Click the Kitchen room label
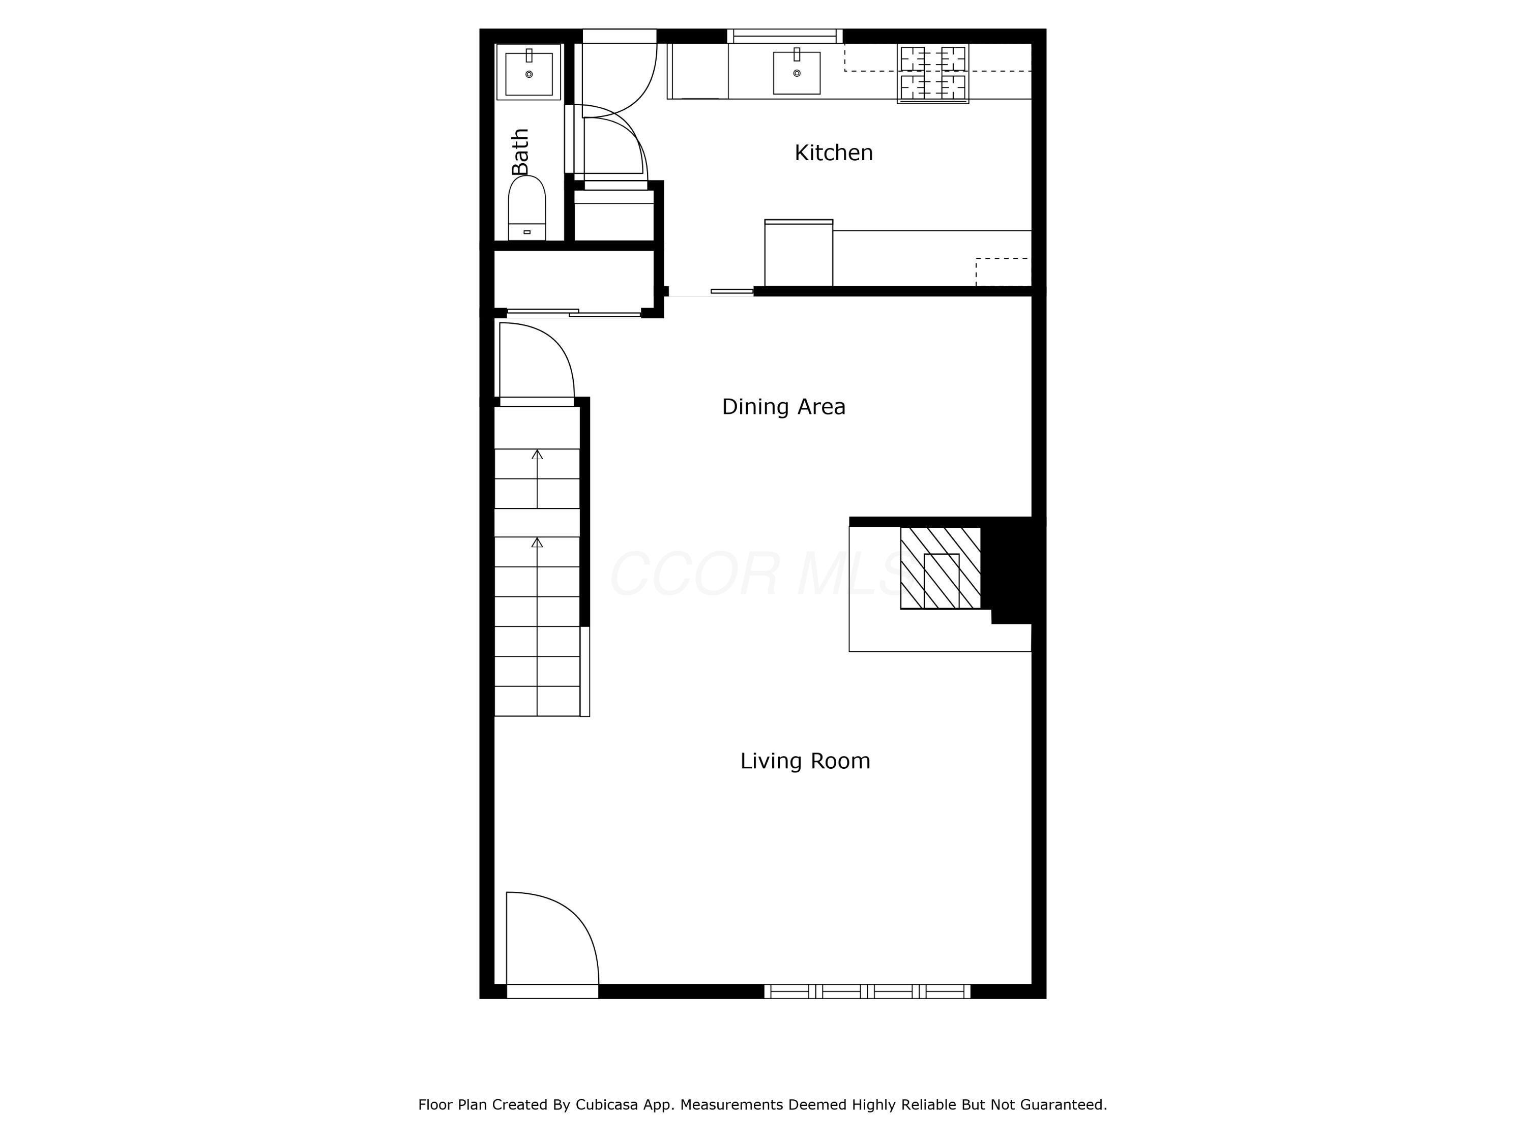[833, 153]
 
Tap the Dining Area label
[783, 407]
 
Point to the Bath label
[520, 152]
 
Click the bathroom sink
[529, 73]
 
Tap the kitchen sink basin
[796, 72]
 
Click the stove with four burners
[933, 74]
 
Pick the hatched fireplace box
[941, 568]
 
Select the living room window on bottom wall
[867, 991]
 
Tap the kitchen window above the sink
[784, 36]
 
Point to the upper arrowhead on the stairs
[537, 455]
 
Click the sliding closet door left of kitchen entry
[573, 314]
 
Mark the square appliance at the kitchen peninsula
[798, 252]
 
